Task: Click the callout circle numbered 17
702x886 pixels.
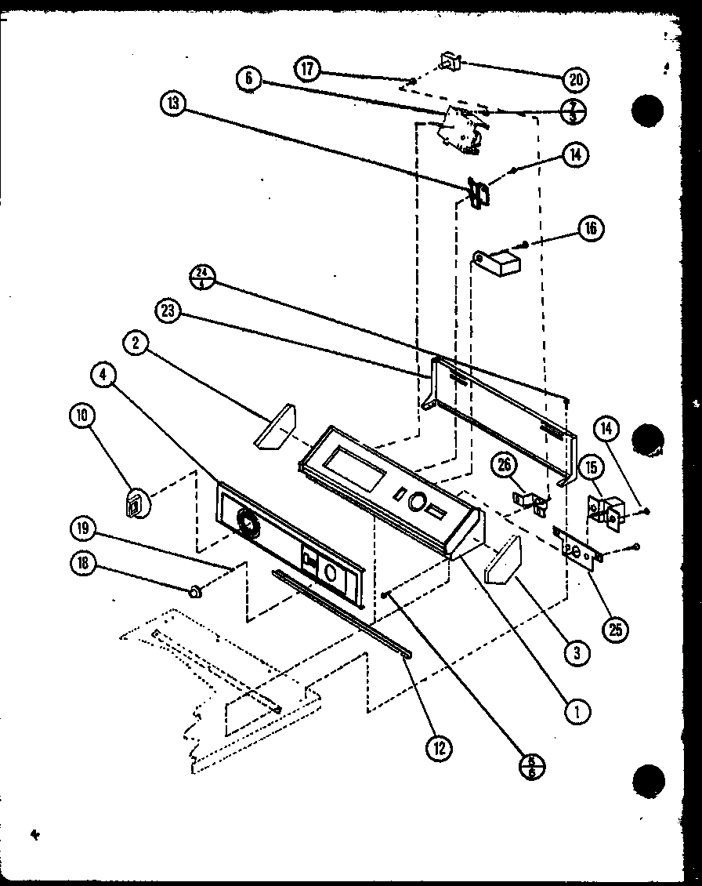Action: click(x=307, y=69)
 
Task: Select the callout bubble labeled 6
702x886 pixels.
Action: click(x=248, y=78)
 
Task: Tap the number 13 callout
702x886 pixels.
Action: click(x=173, y=103)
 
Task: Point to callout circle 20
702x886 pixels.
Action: click(x=577, y=78)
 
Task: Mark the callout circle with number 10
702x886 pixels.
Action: click(x=81, y=417)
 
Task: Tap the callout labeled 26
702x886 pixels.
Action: click(x=502, y=466)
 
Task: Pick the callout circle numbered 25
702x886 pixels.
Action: click(x=617, y=628)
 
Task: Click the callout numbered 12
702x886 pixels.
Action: click(x=439, y=749)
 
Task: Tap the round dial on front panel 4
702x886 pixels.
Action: click(x=248, y=523)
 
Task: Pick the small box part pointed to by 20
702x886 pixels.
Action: click(x=449, y=61)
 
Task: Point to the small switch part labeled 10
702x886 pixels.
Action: click(x=136, y=503)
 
